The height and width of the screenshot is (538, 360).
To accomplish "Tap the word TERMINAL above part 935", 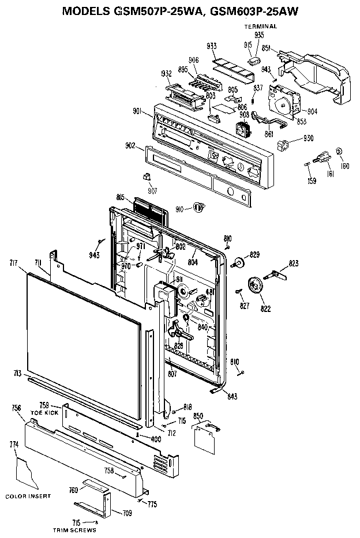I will [260, 27].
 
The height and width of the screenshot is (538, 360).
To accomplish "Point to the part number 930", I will [309, 139].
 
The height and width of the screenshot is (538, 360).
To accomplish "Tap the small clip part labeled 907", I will [147, 176].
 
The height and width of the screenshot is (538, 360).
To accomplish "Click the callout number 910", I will [180, 208].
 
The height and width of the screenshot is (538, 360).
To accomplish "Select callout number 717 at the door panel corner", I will [14, 263].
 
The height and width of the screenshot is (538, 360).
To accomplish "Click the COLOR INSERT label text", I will [28, 496].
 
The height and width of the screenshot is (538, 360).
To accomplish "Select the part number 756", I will [16, 408].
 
